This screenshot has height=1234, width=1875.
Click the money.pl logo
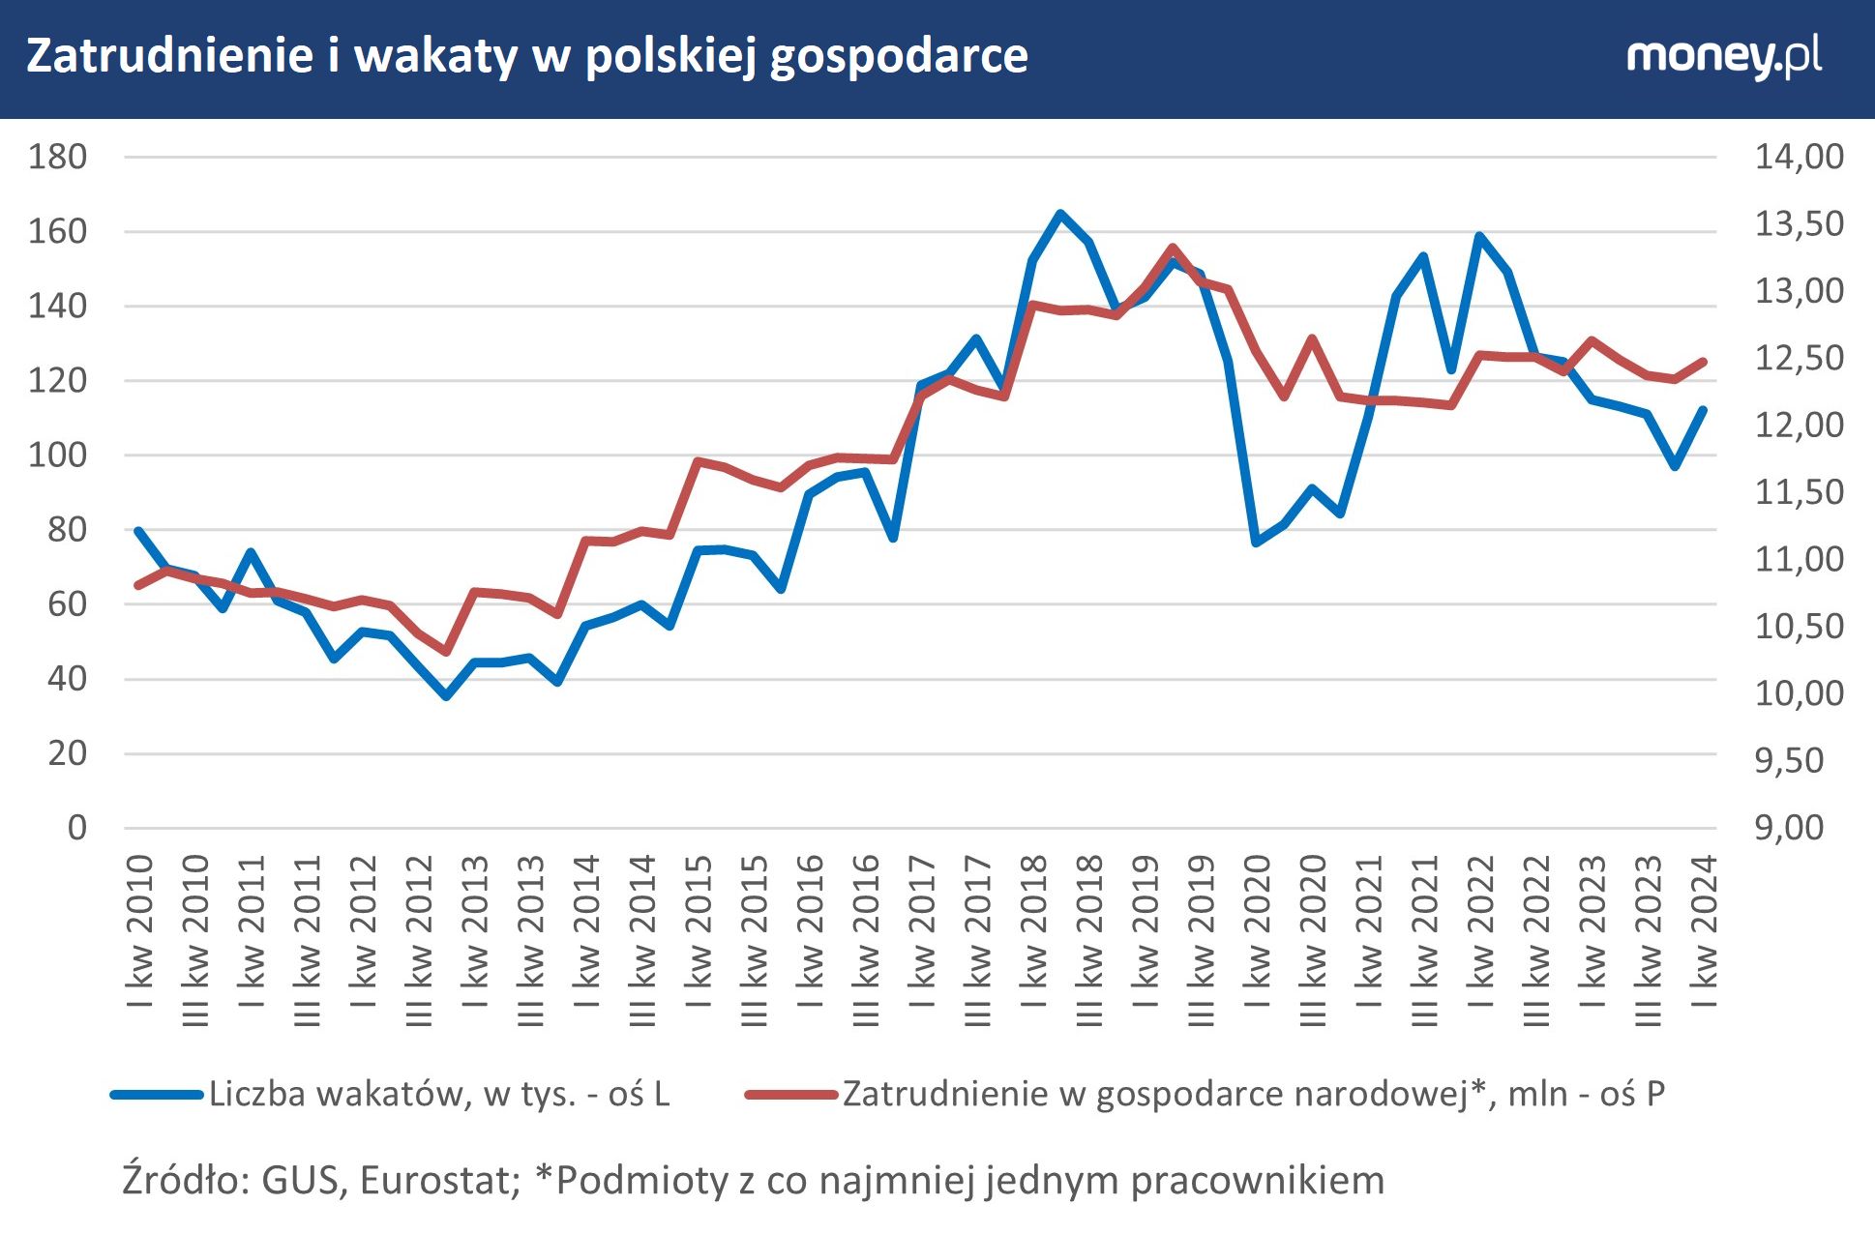1723,56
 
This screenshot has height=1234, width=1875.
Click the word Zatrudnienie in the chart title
169,56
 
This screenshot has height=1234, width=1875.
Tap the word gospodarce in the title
899,56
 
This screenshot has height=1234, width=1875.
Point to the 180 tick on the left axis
57,157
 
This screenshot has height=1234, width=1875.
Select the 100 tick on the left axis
57,455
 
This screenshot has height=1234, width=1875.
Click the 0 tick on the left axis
76,828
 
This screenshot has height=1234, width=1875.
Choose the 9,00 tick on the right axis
1790,828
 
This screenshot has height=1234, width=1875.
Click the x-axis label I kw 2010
140,931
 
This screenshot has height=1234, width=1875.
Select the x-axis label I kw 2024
1704,931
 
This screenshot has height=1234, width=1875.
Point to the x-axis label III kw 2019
1201,939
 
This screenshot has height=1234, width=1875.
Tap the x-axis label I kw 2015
699,931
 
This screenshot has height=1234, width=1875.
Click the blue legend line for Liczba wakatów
157,1095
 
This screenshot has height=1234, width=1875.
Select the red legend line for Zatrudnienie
790,1095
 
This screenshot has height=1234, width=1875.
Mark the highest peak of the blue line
1060,214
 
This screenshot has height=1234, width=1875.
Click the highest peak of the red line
1172,248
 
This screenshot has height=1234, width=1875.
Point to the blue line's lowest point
446,695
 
